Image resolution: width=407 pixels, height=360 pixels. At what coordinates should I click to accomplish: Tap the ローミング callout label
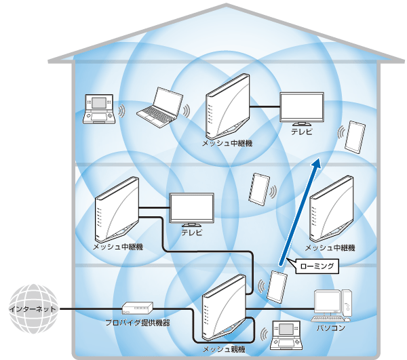[315, 266]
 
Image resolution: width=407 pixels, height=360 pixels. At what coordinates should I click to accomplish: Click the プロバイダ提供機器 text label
[137, 323]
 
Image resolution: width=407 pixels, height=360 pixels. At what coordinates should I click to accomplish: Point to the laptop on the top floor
[159, 108]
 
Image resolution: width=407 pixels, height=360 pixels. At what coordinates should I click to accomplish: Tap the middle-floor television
[191, 210]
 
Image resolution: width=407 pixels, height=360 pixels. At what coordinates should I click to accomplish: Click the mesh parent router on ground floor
[224, 310]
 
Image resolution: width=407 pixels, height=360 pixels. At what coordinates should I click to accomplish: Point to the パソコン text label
[331, 328]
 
